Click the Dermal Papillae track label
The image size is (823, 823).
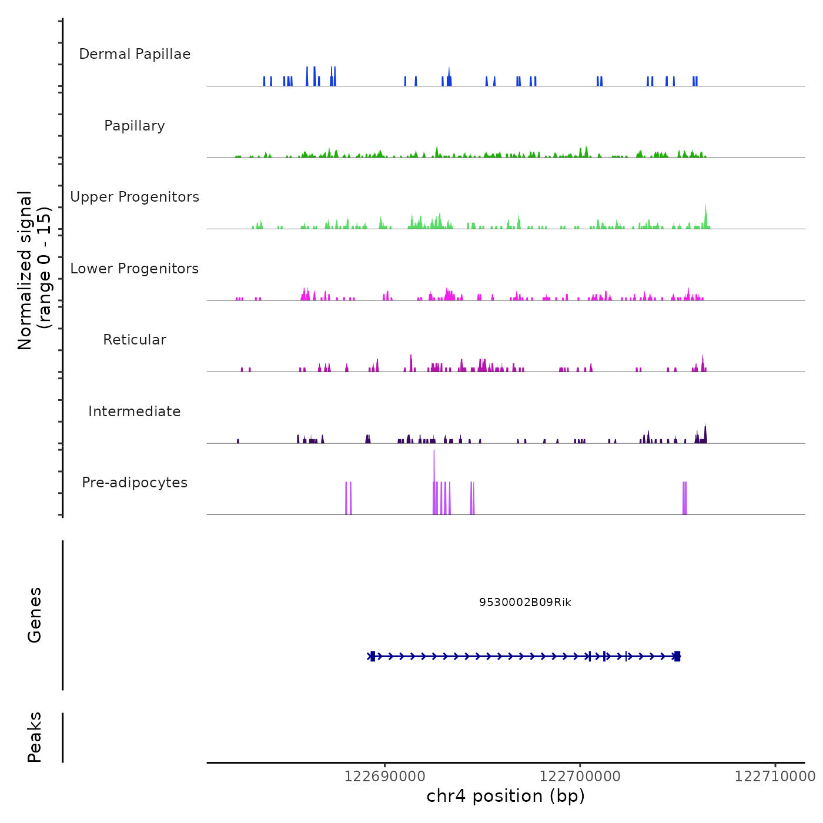[x=135, y=54]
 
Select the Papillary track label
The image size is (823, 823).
[x=135, y=126]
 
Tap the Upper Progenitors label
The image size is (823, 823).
[x=135, y=197]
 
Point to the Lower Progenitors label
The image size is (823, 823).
[x=135, y=269]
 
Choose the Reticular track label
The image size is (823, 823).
[x=135, y=340]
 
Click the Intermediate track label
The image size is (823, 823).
[x=135, y=411]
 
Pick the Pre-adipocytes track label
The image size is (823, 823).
[x=135, y=483]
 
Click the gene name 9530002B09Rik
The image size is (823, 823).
[x=525, y=603]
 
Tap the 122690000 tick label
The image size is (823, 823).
[x=384, y=777]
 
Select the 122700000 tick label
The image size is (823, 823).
[x=580, y=777]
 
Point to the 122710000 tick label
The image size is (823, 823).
[x=775, y=777]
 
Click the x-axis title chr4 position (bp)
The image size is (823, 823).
[x=506, y=797]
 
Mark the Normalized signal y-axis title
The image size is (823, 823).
[x=34, y=270]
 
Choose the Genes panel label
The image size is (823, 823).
[x=35, y=615]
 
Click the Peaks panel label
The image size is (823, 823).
[x=35, y=737]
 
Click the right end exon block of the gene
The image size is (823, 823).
[x=677, y=656]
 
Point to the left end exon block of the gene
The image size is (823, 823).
[x=373, y=656]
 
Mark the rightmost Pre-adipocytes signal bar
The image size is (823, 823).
[x=685, y=499]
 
